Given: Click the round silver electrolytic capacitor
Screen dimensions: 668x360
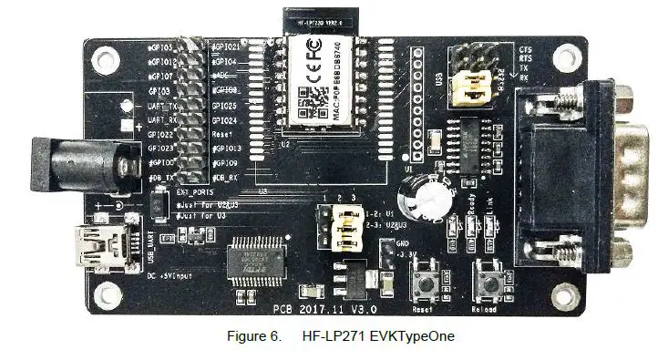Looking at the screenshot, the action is (427, 193).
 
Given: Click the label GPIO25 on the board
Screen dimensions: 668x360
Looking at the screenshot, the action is (224, 106).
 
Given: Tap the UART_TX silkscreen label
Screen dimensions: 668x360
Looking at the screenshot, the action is (162, 106).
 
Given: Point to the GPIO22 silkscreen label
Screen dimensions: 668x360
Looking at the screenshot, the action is (160, 134).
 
